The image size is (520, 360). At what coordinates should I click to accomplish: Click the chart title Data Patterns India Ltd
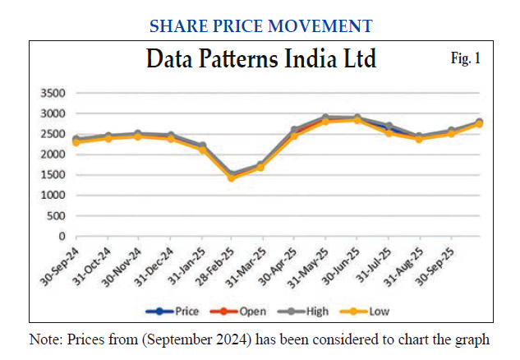click(x=260, y=60)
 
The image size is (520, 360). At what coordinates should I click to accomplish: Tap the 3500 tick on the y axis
click(x=53, y=93)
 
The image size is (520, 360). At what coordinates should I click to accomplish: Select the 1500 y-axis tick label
click(x=53, y=175)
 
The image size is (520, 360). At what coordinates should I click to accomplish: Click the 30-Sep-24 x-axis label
click(x=59, y=265)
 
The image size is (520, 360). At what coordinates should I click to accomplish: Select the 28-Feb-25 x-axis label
click(x=212, y=265)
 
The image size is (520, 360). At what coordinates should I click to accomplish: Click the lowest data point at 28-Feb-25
click(x=232, y=178)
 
